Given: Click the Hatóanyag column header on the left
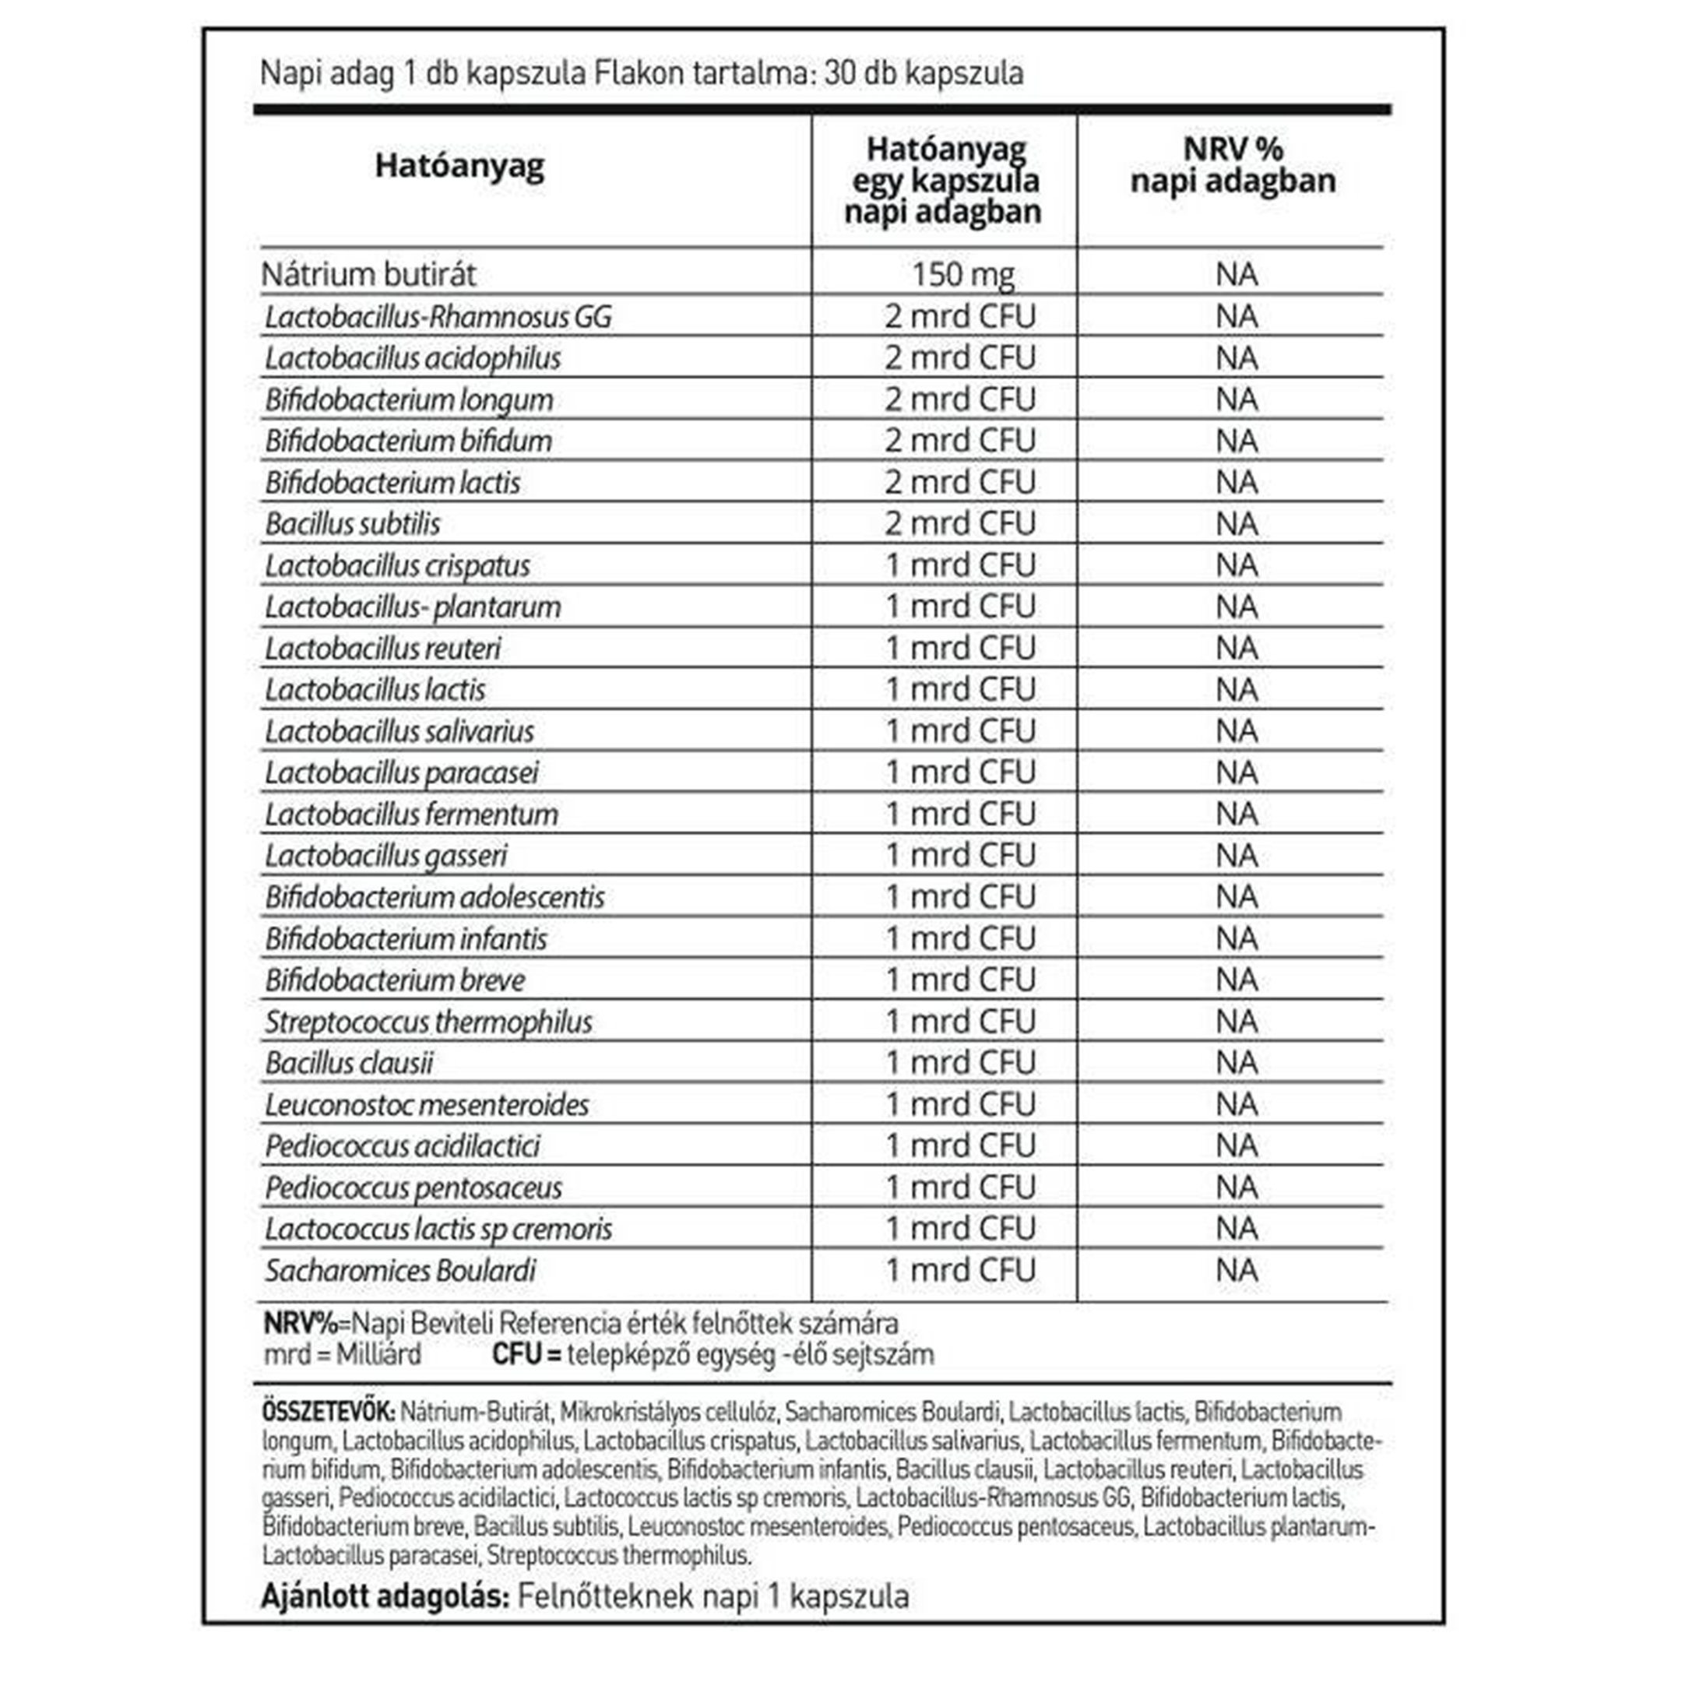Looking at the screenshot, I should (x=459, y=165).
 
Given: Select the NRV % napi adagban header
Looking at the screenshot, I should (x=1232, y=165).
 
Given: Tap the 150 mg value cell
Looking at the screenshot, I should (x=962, y=275).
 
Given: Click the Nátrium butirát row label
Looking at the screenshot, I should (x=368, y=275).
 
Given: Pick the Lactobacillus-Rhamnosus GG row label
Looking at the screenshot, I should (x=438, y=317).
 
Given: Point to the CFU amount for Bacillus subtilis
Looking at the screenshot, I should (x=960, y=524).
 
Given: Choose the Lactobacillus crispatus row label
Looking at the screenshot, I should (x=397, y=566).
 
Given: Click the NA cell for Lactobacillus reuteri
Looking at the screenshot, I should (x=1237, y=649).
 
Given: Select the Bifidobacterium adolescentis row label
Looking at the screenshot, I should (x=435, y=898).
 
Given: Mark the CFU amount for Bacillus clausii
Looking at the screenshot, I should (x=960, y=1063).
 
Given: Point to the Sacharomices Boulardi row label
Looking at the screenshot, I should (x=400, y=1271).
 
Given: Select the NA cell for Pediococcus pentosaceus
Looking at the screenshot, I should (x=1237, y=1188).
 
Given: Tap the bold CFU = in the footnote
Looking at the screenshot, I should (x=526, y=1355).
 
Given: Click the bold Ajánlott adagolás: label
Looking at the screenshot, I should (x=384, y=1596).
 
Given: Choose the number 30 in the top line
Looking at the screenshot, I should (x=840, y=73).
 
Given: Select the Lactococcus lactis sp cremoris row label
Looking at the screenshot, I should (x=438, y=1230).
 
